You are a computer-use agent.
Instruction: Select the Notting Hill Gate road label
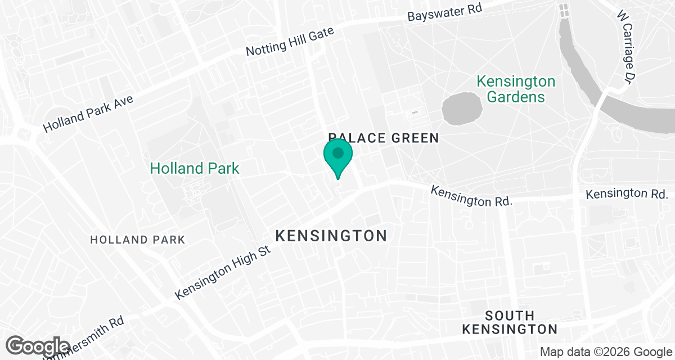coord(290,42)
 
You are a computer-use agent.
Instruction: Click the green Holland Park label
coord(195,168)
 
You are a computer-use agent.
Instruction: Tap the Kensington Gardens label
coord(516,89)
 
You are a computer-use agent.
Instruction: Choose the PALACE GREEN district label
coord(383,138)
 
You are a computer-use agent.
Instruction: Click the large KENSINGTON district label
coord(331,236)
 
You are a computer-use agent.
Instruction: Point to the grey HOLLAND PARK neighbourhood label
coord(138,240)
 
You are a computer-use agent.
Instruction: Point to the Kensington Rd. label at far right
coord(627,194)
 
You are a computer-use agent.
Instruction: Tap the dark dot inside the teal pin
coord(338,153)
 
